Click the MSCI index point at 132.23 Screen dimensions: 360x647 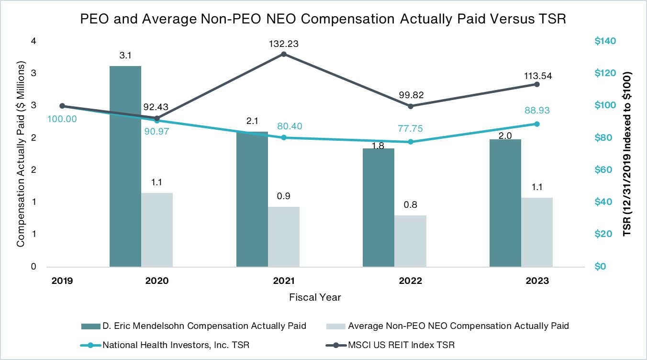283,54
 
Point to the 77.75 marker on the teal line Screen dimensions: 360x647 410,142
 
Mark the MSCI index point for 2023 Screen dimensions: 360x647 537,84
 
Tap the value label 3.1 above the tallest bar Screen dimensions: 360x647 125,56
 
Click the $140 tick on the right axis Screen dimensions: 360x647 605,42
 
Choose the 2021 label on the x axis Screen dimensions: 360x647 284,281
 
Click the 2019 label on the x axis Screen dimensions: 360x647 62,281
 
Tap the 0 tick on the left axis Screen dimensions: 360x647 33,267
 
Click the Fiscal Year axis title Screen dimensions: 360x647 315,297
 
